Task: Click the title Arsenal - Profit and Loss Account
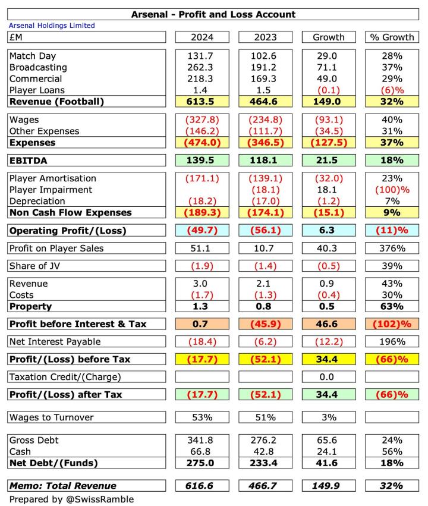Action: coord(213,14)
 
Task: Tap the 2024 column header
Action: coord(202,37)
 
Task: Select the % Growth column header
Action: coord(392,37)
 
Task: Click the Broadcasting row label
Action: coord(38,67)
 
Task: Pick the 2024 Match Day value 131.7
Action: coord(202,56)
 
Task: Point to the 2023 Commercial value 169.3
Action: coord(265,78)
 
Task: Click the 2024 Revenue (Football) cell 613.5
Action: coord(202,102)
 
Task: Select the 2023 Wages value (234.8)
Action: coord(265,120)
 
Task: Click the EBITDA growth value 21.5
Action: coord(328,161)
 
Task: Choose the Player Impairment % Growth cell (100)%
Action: coord(392,190)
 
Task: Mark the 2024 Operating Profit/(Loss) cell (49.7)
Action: coord(202,230)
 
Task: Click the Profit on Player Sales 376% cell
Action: coord(392,248)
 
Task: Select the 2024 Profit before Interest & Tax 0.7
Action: coord(202,324)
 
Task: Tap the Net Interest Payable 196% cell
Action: coord(392,342)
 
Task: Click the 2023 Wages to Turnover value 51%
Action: coord(265,417)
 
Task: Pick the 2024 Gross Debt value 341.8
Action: coord(202,441)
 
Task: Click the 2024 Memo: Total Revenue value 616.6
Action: coord(202,486)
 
